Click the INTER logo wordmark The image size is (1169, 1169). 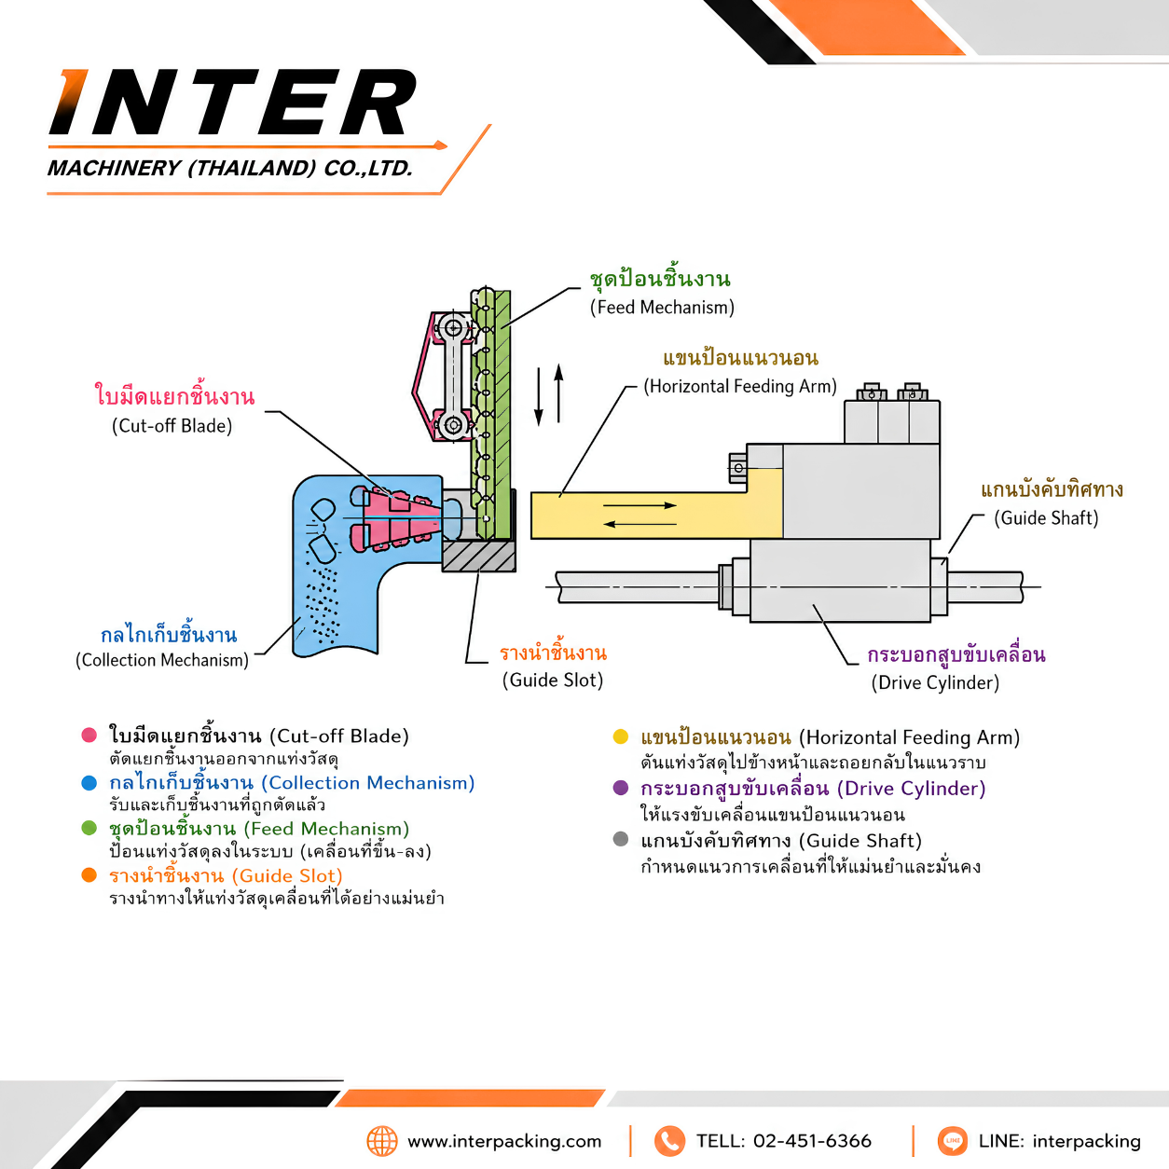click(232, 102)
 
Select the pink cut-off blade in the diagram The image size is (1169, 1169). click(397, 518)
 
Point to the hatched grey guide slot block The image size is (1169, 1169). click(478, 557)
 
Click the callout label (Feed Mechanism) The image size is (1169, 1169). click(662, 308)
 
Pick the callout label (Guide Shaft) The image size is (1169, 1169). click(1046, 518)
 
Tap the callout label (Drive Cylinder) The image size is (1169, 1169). click(935, 682)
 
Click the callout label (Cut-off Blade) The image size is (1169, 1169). click(172, 426)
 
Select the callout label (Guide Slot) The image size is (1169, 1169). click(553, 680)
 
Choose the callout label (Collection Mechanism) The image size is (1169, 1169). click(162, 660)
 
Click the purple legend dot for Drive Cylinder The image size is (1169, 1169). click(621, 788)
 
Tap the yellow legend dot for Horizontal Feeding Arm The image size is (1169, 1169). click(621, 736)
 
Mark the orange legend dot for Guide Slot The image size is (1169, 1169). click(89, 875)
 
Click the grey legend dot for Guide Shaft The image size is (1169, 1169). click(621, 840)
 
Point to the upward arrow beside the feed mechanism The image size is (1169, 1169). click(558, 393)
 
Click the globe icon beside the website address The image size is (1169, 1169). click(382, 1141)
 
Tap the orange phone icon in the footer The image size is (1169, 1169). click(669, 1141)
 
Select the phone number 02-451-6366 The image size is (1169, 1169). click(812, 1141)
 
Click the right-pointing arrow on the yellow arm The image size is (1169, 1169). click(640, 505)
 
